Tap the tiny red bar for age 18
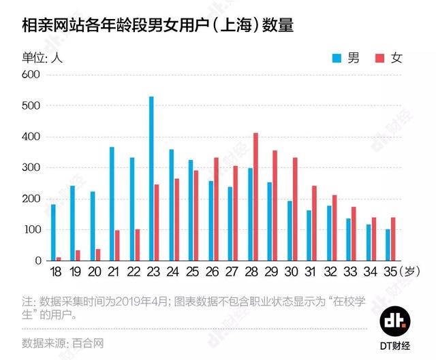(x=59, y=259)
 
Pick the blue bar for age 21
(x=112, y=203)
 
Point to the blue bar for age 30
(x=290, y=231)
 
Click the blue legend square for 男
(x=336, y=58)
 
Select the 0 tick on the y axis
(x=38, y=261)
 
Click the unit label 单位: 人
(x=42, y=58)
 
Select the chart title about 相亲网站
(x=157, y=25)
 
